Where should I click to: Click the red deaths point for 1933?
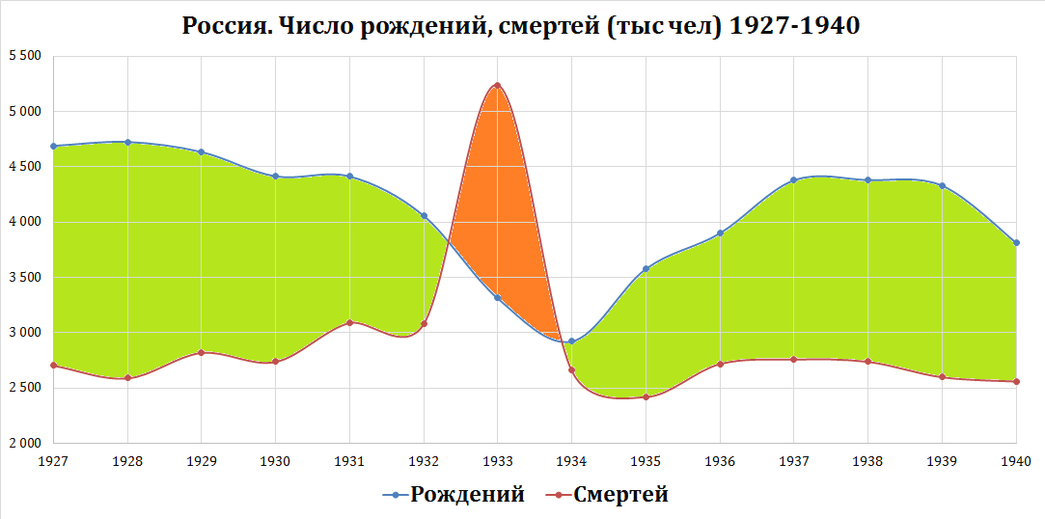point(498,85)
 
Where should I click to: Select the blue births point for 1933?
point(498,297)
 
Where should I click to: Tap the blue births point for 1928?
point(127,142)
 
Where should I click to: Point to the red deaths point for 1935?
point(646,396)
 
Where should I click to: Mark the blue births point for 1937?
point(794,179)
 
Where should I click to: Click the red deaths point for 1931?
point(349,322)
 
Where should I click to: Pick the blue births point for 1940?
point(1016,243)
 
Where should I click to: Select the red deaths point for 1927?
point(53,366)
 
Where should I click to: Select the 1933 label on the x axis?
point(498,461)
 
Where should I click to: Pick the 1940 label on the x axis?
point(1016,461)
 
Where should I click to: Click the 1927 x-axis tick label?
point(53,461)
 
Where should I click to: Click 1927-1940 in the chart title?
point(794,26)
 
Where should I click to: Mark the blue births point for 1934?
point(571,341)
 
